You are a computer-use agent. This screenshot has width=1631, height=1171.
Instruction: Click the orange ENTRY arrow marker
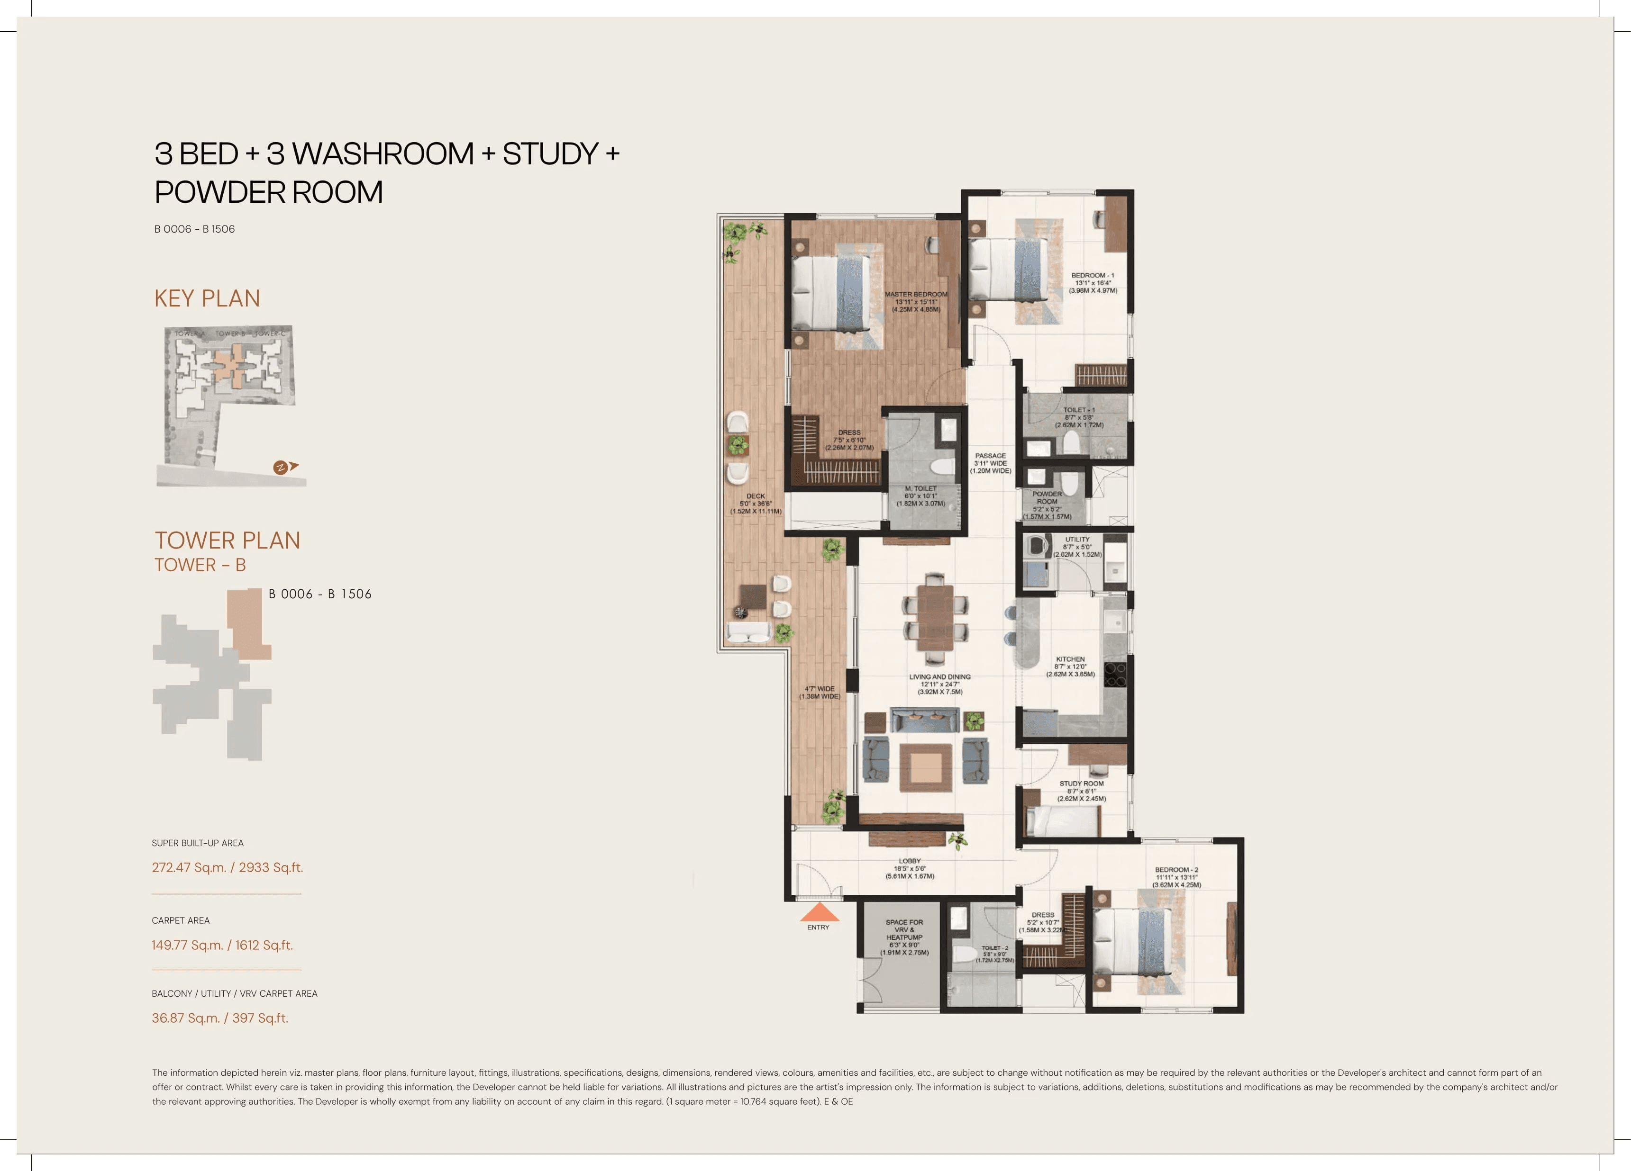[x=819, y=913]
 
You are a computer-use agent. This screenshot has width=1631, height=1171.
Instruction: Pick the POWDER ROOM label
[x=1047, y=497]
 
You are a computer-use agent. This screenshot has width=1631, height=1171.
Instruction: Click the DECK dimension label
[x=756, y=503]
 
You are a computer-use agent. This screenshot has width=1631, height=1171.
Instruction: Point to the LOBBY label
[x=910, y=868]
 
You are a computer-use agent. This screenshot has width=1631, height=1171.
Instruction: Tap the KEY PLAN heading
[x=207, y=298]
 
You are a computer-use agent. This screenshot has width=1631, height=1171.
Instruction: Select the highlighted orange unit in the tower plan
[x=246, y=622]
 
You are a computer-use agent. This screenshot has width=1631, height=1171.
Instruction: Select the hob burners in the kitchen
[x=1115, y=674]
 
